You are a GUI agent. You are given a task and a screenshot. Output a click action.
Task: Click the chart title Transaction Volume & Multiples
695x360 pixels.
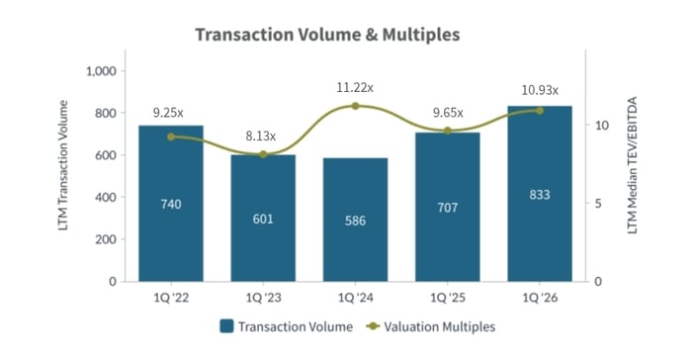tap(327, 35)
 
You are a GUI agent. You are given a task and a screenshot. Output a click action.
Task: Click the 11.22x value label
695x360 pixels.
tap(355, 86)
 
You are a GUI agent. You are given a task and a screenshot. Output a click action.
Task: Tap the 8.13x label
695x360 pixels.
tap(261, 135)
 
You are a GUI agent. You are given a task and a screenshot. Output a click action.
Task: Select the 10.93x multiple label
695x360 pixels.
tap(540, 90)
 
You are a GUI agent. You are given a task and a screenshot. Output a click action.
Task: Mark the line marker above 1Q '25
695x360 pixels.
tap(448, 131)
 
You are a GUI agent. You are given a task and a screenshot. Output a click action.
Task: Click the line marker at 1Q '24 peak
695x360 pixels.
tap(355, 106)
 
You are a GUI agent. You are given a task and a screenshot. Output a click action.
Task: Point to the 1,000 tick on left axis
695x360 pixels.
tap(102, 71)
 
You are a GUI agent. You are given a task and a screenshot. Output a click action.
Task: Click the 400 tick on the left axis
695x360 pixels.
tap(107, 197)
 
